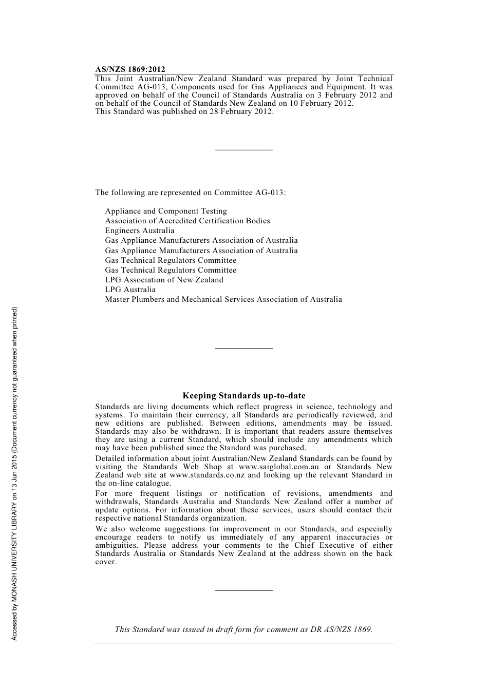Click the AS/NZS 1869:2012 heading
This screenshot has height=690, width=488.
(x=130, y=69)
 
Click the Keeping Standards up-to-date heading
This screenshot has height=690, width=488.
(x=244, y=396)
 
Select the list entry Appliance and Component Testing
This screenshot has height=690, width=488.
(x=166, y=211)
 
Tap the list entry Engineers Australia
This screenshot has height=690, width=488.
(x=140, y=231)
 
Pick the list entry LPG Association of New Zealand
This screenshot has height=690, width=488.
(x=164, y=280)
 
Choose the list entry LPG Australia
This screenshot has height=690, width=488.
(x=130, y=290)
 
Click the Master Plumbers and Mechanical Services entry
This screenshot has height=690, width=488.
(x=223, y=299)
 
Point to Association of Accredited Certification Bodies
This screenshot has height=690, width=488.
(x=187, y=221)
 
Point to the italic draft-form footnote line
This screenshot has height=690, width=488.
(x=244, y=629)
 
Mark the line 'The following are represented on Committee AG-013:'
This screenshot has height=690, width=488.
(x=191, y=193)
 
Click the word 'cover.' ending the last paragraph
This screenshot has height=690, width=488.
(x=106, y=562)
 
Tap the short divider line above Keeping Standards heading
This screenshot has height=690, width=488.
(x=244, y=349)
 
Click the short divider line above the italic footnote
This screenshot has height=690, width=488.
(x=244, y=590)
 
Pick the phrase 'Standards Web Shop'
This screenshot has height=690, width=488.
(x=182, y=467)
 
